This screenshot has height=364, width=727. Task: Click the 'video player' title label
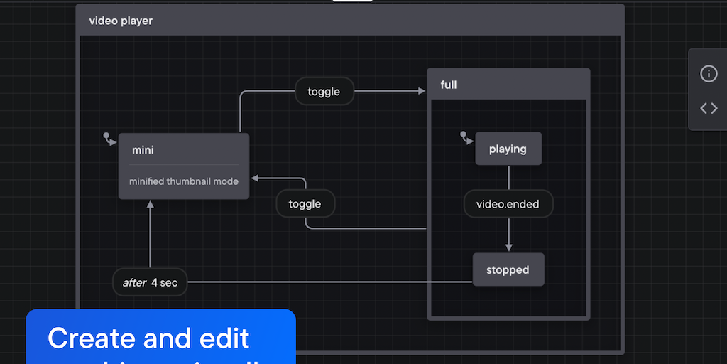tap(121, 21)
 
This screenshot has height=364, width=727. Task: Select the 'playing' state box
tap(508, 149)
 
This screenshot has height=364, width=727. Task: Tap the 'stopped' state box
tap(508, 269)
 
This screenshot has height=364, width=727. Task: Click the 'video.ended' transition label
tap(508, 204)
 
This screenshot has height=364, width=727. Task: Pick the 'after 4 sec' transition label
tap(150, 282)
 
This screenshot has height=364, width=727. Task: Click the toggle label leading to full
tap(324, 91)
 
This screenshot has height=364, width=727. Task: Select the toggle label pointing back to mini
tap(305, 204)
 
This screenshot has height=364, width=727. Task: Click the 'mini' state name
tap(143, 150)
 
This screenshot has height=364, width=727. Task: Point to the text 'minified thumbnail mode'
tap(184, 181)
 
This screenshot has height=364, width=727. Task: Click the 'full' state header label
tap(449, 85)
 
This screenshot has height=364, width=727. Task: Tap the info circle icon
tap(709, 73)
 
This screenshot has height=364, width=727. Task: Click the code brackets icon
tap(709, 108)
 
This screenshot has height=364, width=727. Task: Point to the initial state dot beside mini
tap(106, 135)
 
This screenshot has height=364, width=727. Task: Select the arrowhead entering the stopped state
tap(508, 247)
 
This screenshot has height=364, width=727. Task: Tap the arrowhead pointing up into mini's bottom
tap(151, 205)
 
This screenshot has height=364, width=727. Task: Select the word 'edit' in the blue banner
tap(224, 338)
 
